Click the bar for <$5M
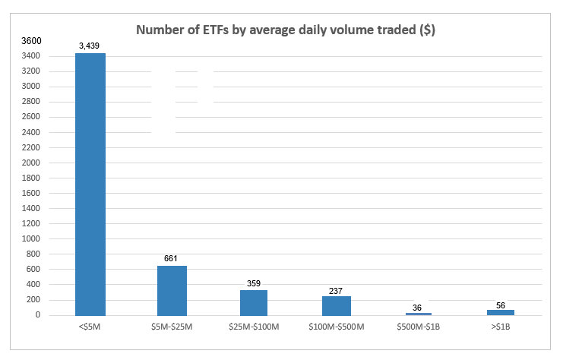pyautogui.click(x=90, y=184)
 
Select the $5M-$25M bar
pyautogui.click(x=172, y=291)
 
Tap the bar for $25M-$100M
pyautogui.click(x=254, y=302)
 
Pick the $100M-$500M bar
pyautogui.click(x=336, y=306)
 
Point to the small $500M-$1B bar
pyautogui.click(x=419, y=314)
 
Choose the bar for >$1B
pyautogui.click(x=501, y=313)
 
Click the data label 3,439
pyautogui.click(x=89, y=46)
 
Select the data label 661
pyautogui.click(x=170, y=258)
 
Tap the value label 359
pyautogui.click(x=254, y=283)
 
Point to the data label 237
pyautogui.click(x=336, y=291)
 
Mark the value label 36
pyautogui.click(x=417, y=308)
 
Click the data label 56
pyautogui.click(x=501, y=305)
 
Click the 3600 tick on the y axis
pyautogui.click(x=32, y=41)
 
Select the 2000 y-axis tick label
pyautogui.click(x=31, y=163)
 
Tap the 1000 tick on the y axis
pyautogui.click(x=31, y=238)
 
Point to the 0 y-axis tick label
pyautogui.click(x=38, y=314)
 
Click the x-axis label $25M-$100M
pyautogui.click(x=254, y=327)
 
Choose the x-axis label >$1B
pyautogui.click(x=501, y=327)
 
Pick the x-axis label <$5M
pyautogui.click(x=90, y=327)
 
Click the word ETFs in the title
pyautogui.click(x=216, y=30)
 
